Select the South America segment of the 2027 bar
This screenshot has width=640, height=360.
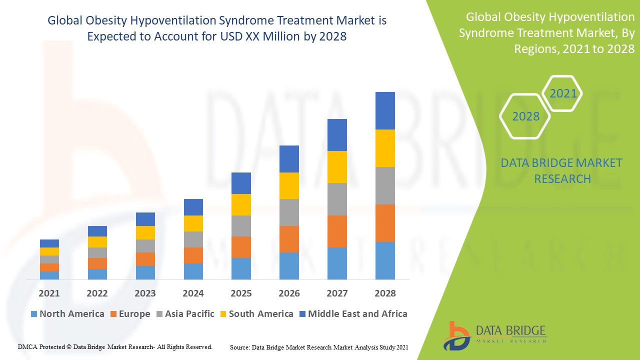click(x=337, y=167)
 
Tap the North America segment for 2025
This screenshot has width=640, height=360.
click(x=241, y=268)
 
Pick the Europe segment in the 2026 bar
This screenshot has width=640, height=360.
click(x=289, y=239)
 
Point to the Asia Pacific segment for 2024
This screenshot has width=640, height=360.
click(x=193, y=239)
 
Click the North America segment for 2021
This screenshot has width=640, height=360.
click(x=49, y=275)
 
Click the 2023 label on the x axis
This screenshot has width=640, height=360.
click(x=145, y=293)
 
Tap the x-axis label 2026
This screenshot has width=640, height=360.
click(x=289, y=293)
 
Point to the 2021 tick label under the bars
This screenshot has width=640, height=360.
click(x=49, y=293)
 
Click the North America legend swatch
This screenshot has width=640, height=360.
click(x=34, y=314)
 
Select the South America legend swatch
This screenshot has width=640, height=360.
click(x=223, y=314)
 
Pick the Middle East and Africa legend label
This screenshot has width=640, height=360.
click(x=357, y=314)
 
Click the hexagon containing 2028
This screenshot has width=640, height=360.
click(x=525, y=116)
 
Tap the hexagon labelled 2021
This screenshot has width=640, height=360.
click(x=563, y=93)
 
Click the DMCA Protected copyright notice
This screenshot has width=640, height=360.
click(x=115, y=346)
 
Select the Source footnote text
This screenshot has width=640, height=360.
click(x=319, y=347)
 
